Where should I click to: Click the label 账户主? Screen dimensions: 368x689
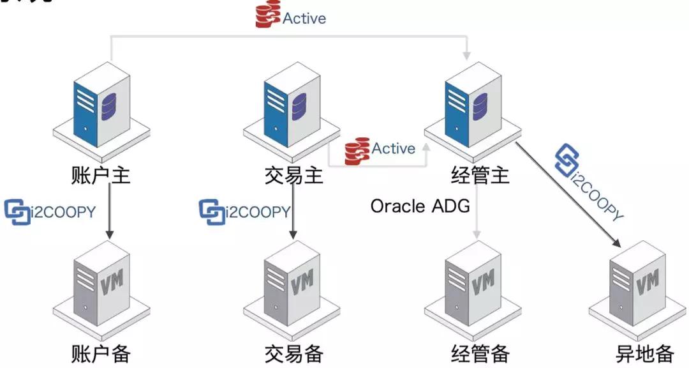[101, 174]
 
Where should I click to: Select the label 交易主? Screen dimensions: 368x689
[293, 174]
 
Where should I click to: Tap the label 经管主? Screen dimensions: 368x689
[480, 174]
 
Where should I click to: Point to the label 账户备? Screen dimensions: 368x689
[101, 353]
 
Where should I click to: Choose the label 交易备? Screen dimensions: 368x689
[293, 353]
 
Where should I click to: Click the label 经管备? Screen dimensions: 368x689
[480, 353]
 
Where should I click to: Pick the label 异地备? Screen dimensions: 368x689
[644, 353]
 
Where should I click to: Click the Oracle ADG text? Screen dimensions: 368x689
[420, 206]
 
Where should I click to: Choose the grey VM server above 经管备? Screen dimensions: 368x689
[475, 281]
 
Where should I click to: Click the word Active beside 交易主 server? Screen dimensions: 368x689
[393, 149]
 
